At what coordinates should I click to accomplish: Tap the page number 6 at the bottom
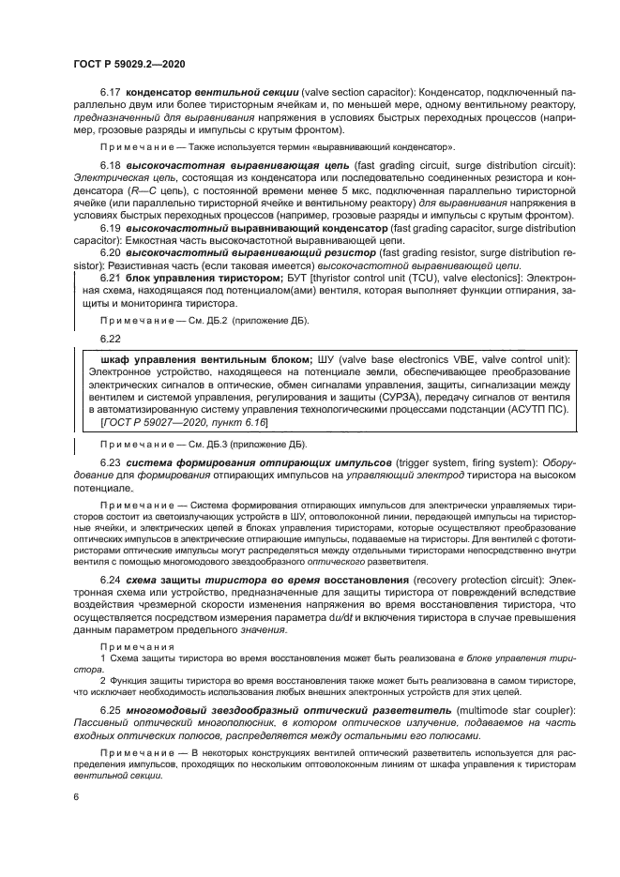click(x=75, y=796)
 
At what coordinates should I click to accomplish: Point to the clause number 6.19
click(x=111, y=228)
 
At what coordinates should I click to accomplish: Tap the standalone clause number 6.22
click(x=111, y=337)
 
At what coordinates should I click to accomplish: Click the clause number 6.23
click(x=111, y=462)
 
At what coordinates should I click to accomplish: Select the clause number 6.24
click(x=111, y=580)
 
